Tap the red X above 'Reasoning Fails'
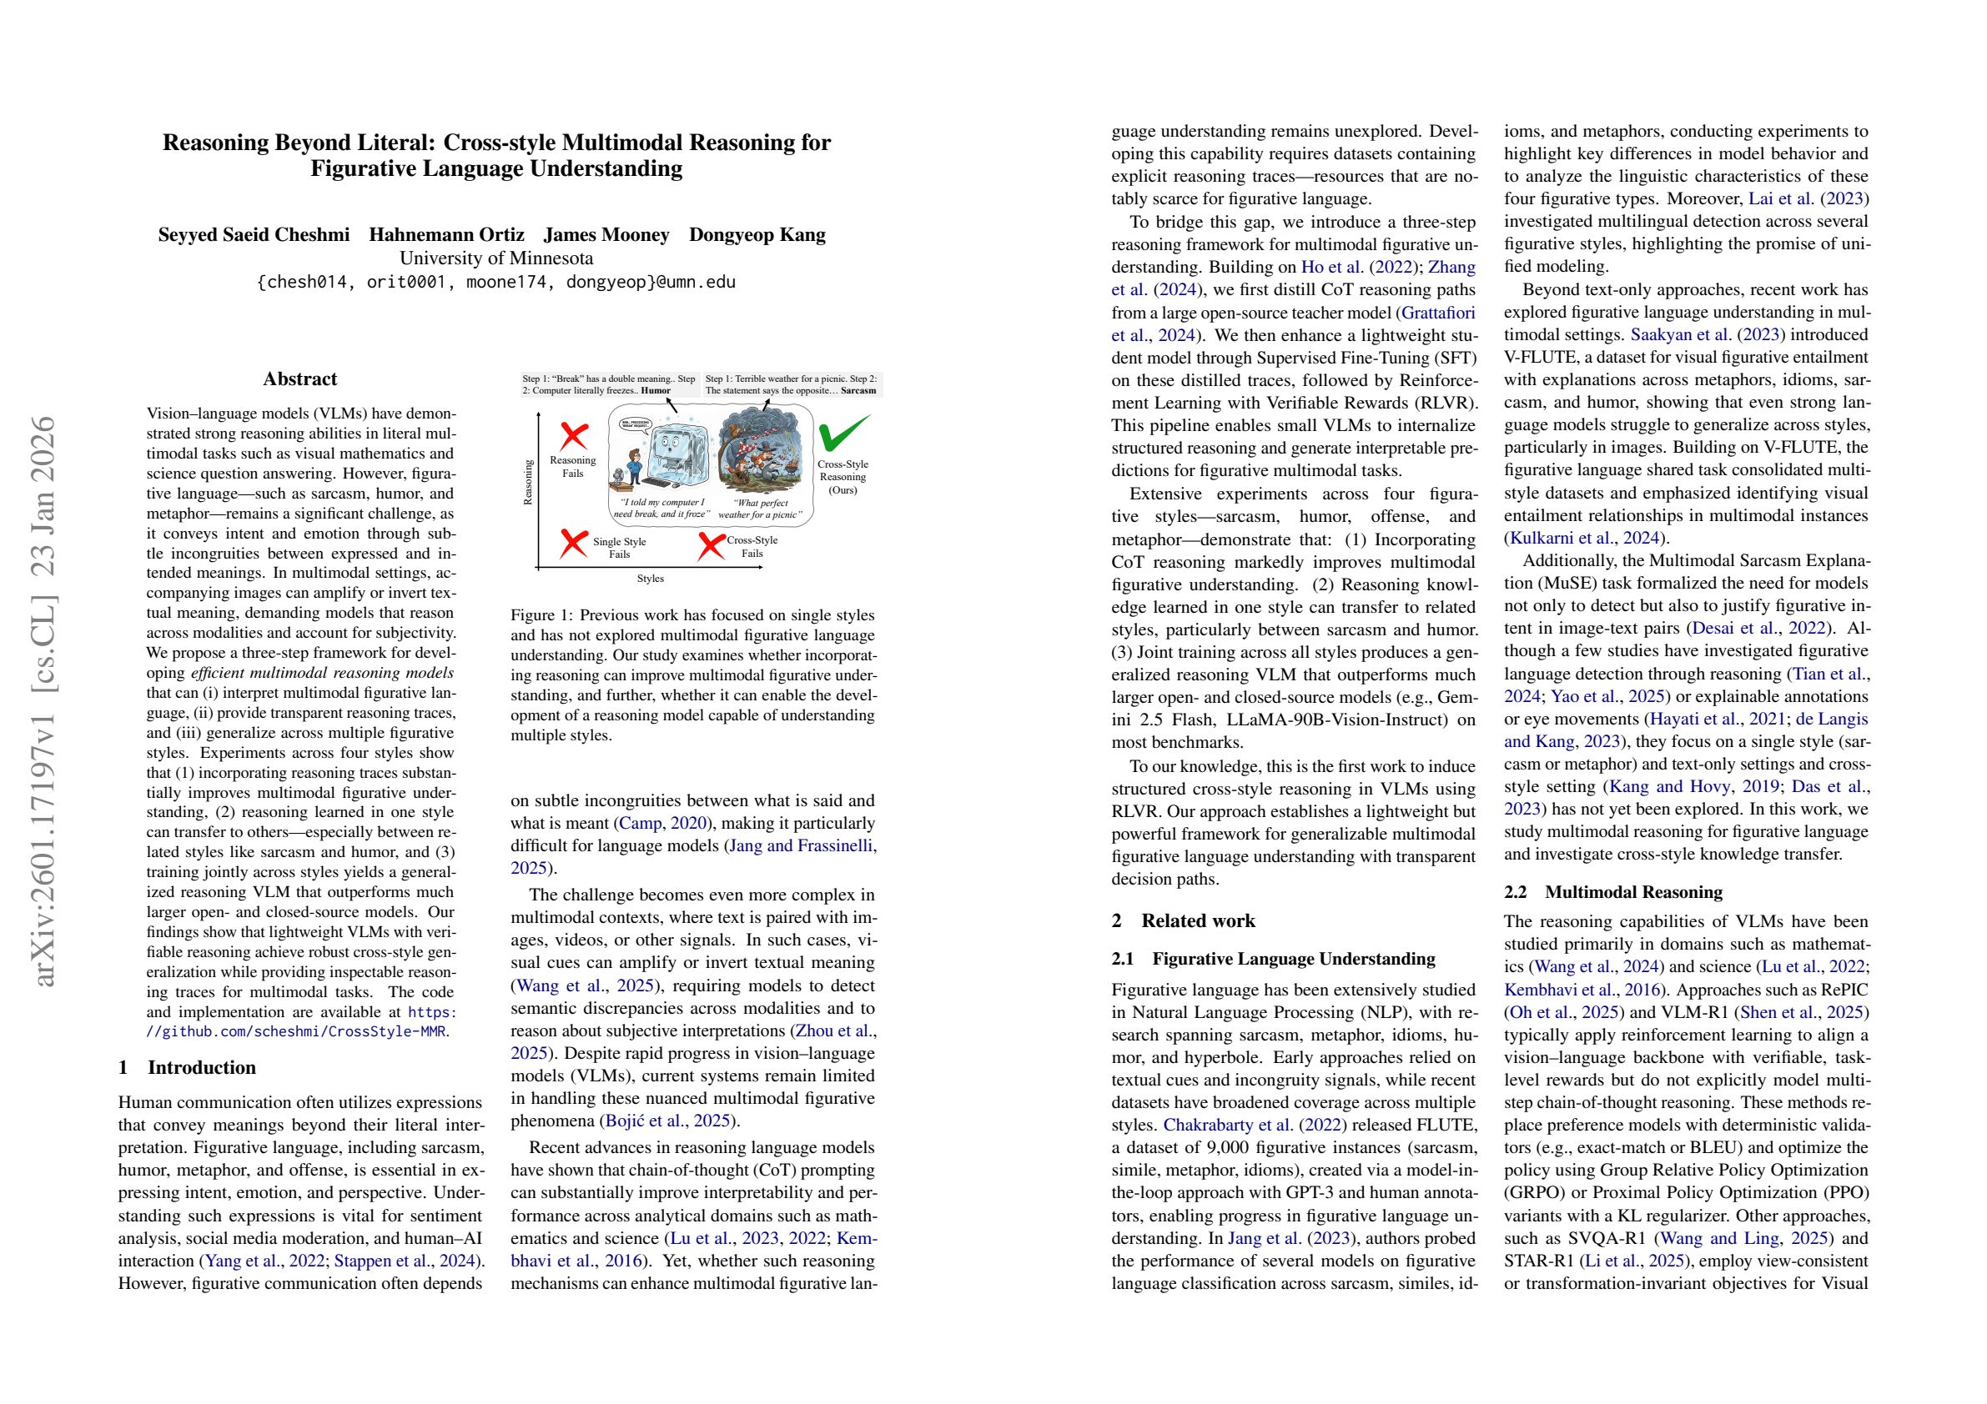[574, 436]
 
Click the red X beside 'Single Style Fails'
[573, 544]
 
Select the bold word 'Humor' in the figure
[655, 390]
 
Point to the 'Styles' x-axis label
[650, 578]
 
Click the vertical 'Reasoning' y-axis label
[528, 482]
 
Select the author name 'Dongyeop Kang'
[757, 234]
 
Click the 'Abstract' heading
[299, 379]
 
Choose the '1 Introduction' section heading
[187, 1066]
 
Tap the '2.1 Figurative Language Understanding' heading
[1273, 959]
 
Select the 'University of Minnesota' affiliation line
[495, 258]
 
